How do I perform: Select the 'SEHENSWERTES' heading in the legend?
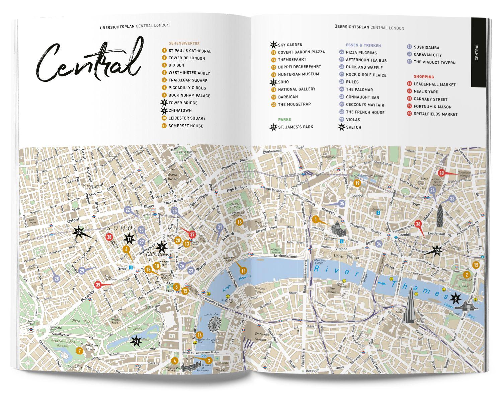(184, 44)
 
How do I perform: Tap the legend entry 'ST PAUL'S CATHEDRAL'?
(189, 51)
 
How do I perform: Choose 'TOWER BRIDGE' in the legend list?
(183, 103)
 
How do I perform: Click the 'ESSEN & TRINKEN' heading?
(363, 46)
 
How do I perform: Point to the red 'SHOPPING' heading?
(424, 77)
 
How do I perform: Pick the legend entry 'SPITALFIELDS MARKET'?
(435, 114)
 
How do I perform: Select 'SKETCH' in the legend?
(353, 127)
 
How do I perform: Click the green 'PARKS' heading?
(284, 120)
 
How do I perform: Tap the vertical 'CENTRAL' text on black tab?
(477, 52)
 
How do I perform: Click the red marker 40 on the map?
(441, 173)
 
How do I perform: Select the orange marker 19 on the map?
(357, 183)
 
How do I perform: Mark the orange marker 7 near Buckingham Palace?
(79, 351)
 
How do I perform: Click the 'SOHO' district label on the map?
(115, 228)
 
